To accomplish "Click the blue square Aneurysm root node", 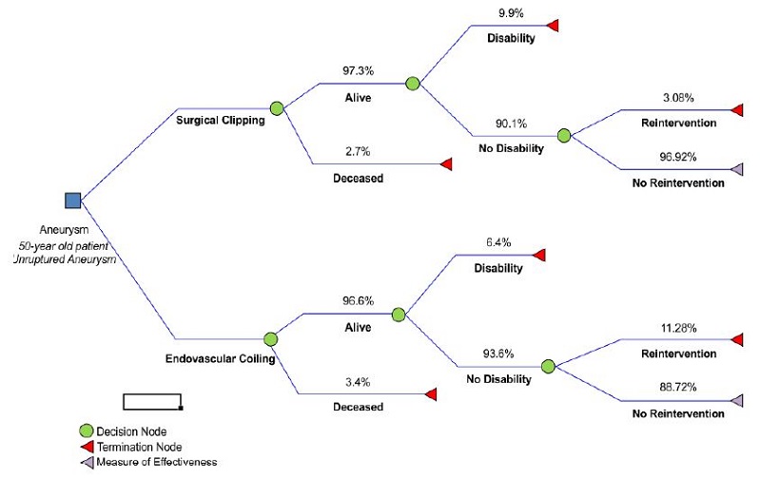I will [72, 200].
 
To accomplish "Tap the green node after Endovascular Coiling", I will [271, 338].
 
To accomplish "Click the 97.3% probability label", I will [359, 71].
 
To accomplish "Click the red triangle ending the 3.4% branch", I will [431, 393].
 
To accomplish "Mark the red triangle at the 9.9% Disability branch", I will [552, 26].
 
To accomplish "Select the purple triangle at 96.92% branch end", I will [736, 169].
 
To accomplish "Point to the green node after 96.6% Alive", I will [399, 315].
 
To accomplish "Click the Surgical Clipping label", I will [221, 121].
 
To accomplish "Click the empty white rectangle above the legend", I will [152, 401].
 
